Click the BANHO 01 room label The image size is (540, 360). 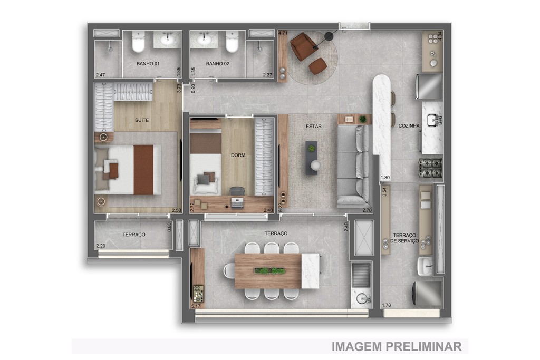pyautogui.click(x=148, y=64)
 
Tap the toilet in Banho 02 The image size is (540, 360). pyautogui.click(x=232, y=43)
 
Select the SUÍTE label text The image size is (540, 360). pyautogui.click(x=142, y=120)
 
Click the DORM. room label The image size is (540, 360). pyautogui.click(x=239, y=155)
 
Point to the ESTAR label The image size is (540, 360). pyautogui.click(x=314, y=127)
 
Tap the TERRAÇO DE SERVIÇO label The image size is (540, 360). pyautogui.click(x=405, y=238)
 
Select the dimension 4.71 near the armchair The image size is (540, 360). pyautogui.click(x=283, y=33)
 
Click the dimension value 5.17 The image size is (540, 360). pyautogui.click(x=196, y=306)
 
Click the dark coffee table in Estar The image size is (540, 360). pyautogui.click(x=312, y=158)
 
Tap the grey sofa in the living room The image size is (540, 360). pyautogui.click(x=354, y=165)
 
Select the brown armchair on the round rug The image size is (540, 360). pyautogui.click(x=303, y=46)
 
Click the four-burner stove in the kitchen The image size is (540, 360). pyautogui.click(x=430, y=168)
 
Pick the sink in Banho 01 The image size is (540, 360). pyautogui.click(x=168, y=39)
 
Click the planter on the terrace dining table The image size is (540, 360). pyautogui.click(x=270, y=271)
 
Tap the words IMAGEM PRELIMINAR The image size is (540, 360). pyautogui.click(x=397, y=346)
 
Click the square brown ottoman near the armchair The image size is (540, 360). pyautogui.click(x=317, y=66)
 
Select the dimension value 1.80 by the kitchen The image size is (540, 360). pyautogui.click(x=385, y=178)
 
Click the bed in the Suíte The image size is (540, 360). pyautogui.click(x=128, y=169)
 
